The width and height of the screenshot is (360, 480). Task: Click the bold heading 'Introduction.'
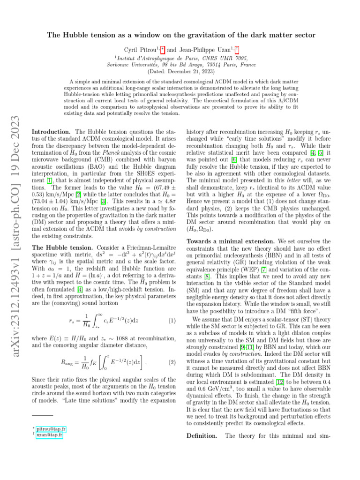point(51,133)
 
